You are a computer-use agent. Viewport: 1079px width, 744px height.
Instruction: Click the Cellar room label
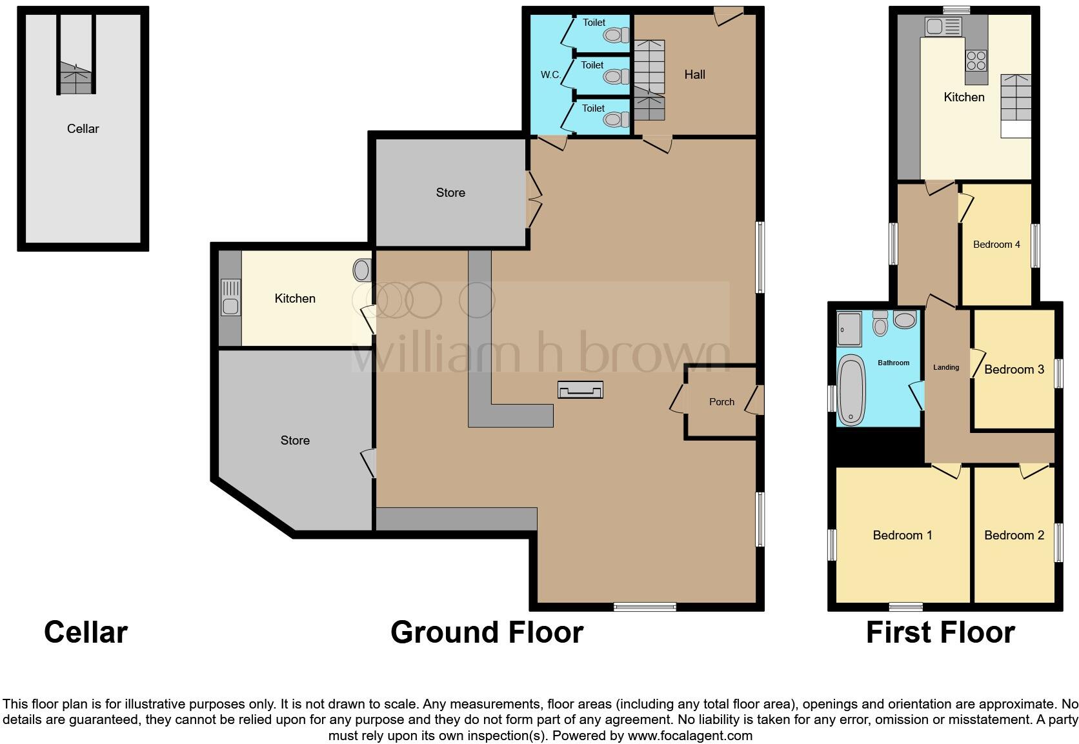coord(83,128)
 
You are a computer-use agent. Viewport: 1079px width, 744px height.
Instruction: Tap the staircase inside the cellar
coord(76,77)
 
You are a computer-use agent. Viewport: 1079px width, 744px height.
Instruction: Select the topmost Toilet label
coord(594,22)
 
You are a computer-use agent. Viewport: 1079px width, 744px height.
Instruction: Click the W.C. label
coord(550,75)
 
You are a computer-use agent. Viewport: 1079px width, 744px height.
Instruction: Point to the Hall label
coord(694,75)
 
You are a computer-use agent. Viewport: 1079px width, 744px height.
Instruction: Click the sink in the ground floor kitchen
coord(230,297)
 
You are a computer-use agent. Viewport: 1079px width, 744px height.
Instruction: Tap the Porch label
coord(721,401)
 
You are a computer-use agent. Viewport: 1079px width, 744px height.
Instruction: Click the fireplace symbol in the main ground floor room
coord(580,390)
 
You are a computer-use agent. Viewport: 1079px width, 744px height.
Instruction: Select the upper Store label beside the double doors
coord(450,192)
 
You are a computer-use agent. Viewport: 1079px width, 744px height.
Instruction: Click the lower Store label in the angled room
coord(295,440)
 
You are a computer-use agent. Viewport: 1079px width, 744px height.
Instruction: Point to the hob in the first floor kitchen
coord(976,61)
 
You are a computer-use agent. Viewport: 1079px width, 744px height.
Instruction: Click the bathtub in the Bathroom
coord(851,390)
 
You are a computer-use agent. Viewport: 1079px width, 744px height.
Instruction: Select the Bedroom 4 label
coord(996,245)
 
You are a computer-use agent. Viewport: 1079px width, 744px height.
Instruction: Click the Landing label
coord(946,367)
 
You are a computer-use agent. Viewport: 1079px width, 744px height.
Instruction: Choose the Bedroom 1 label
coord(902,535)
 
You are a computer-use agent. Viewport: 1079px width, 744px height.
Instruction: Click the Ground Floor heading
coord(487,632)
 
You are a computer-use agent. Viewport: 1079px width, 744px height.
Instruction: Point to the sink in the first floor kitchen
coord(943,26)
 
